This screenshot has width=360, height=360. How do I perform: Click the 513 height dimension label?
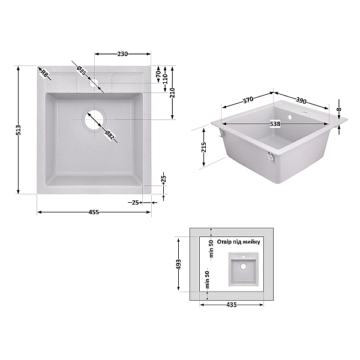tap(19, 130)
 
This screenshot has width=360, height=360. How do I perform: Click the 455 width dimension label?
tap(94, 212)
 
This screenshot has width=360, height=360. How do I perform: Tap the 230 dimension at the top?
tap(122, 54)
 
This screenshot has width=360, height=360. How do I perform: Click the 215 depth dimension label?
tap(204, 146)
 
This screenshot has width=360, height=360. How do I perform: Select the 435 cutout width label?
tap(232, 305)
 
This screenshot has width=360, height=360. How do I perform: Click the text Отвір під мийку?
tap(238, 242)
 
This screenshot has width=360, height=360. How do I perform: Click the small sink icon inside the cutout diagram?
tap(243, 269)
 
